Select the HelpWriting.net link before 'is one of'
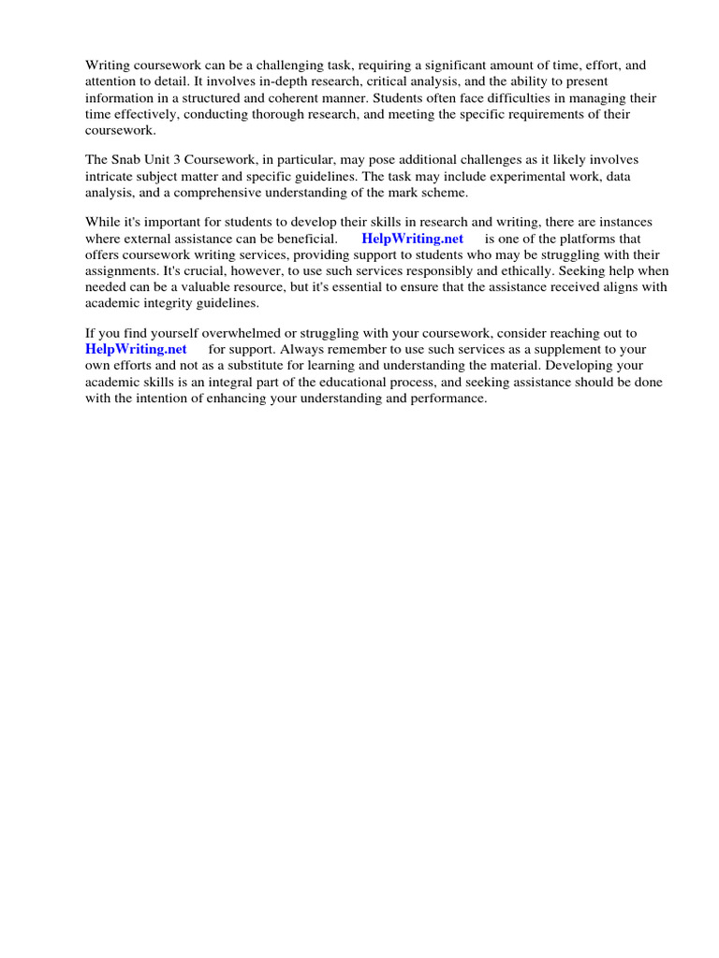pos(412,239)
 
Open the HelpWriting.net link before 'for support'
pos(136,349)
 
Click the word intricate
pos(110,176)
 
